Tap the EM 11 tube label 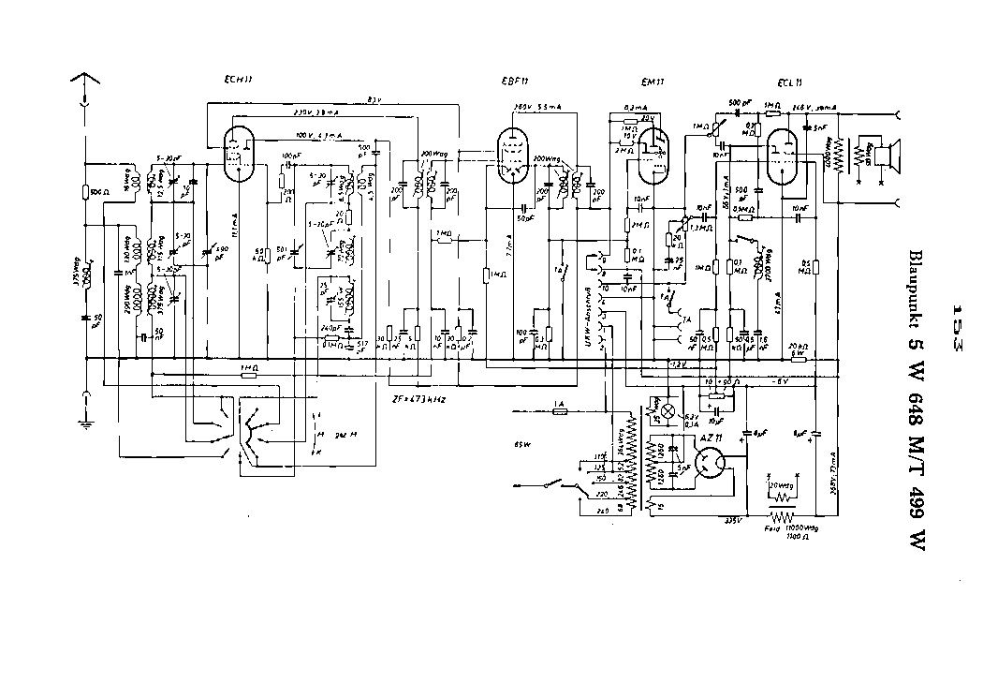tap(653, 82)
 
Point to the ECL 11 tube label tap(789, 82)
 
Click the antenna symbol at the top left tap(85, 83)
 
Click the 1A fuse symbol tap(560, 411)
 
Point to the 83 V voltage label tap(373, 98)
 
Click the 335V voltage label tap(733, 522)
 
